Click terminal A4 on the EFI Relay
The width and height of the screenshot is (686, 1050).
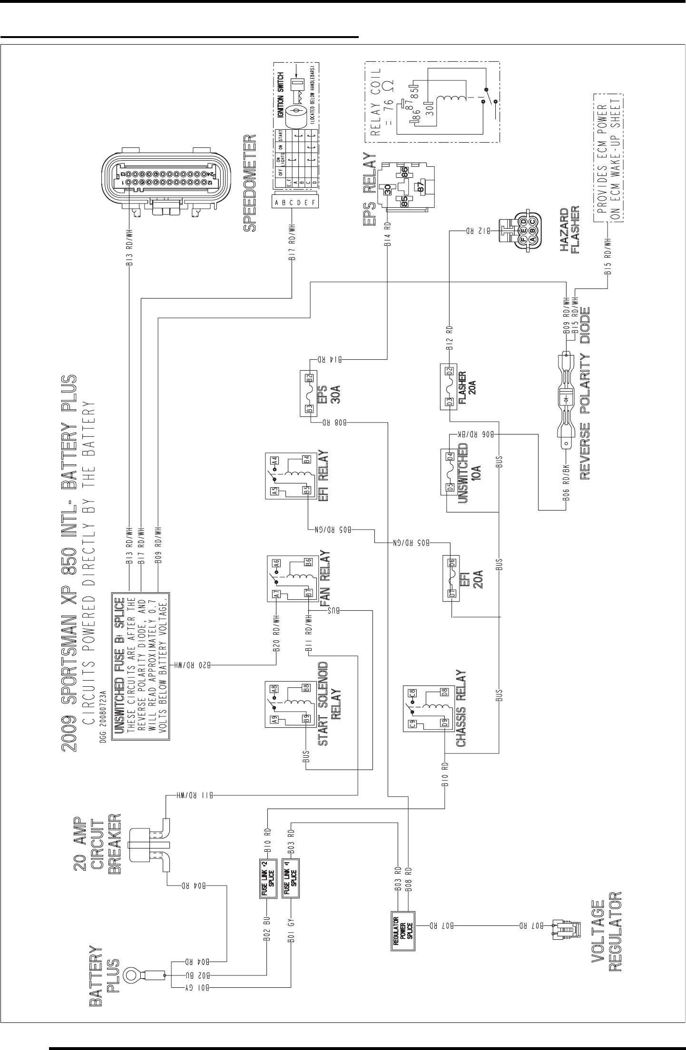[275, 460]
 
